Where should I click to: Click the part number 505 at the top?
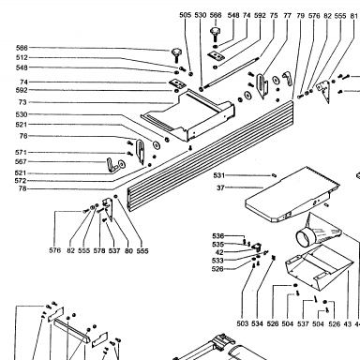(x=185, y=15)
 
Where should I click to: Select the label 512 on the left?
(x=22, y=57)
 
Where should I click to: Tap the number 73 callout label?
(x=22, y=102)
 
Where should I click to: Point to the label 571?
(x=21, y=153)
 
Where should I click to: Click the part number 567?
(x=21, y=162)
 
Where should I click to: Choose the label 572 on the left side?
(x=21, y=181)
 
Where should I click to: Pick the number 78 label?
(x=22, y=188)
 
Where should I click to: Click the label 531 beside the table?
(x=219, y=175)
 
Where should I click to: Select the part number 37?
(x=220, y=187)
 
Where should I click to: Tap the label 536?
(x=217, y=236)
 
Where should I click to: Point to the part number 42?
(x=219, y=252)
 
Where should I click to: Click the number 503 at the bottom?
(x=243, y=323)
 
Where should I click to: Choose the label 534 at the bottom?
(x=257, y=323)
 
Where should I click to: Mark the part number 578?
(x=99, y=250)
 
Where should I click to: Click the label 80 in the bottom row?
(x=128, y=250)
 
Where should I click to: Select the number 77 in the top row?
(x=288, y=15)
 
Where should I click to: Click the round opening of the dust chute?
(x=303, y=239)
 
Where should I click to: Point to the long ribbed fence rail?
(x=211, y=156)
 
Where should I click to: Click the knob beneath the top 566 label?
(x=215, y=34)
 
